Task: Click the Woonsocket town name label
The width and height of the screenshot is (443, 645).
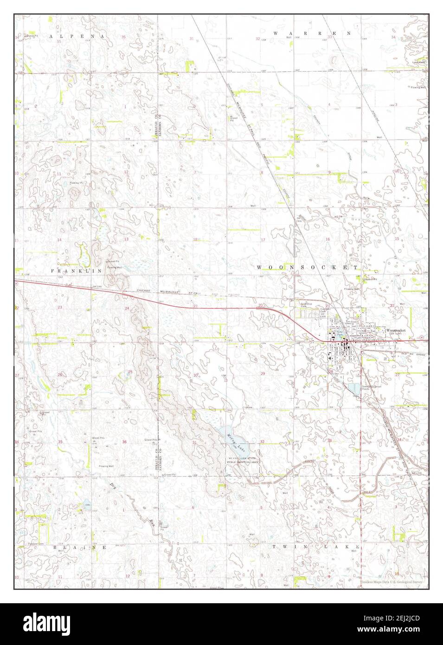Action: [396, 329]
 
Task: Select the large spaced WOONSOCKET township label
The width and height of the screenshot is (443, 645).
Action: [308, 268]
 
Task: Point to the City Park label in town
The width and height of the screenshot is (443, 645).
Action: [340, 333]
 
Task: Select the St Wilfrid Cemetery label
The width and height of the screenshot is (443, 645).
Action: [303, 305]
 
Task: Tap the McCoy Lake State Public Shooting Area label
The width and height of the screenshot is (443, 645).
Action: [241, 461]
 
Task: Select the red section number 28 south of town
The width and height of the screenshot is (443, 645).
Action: [331, 372]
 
